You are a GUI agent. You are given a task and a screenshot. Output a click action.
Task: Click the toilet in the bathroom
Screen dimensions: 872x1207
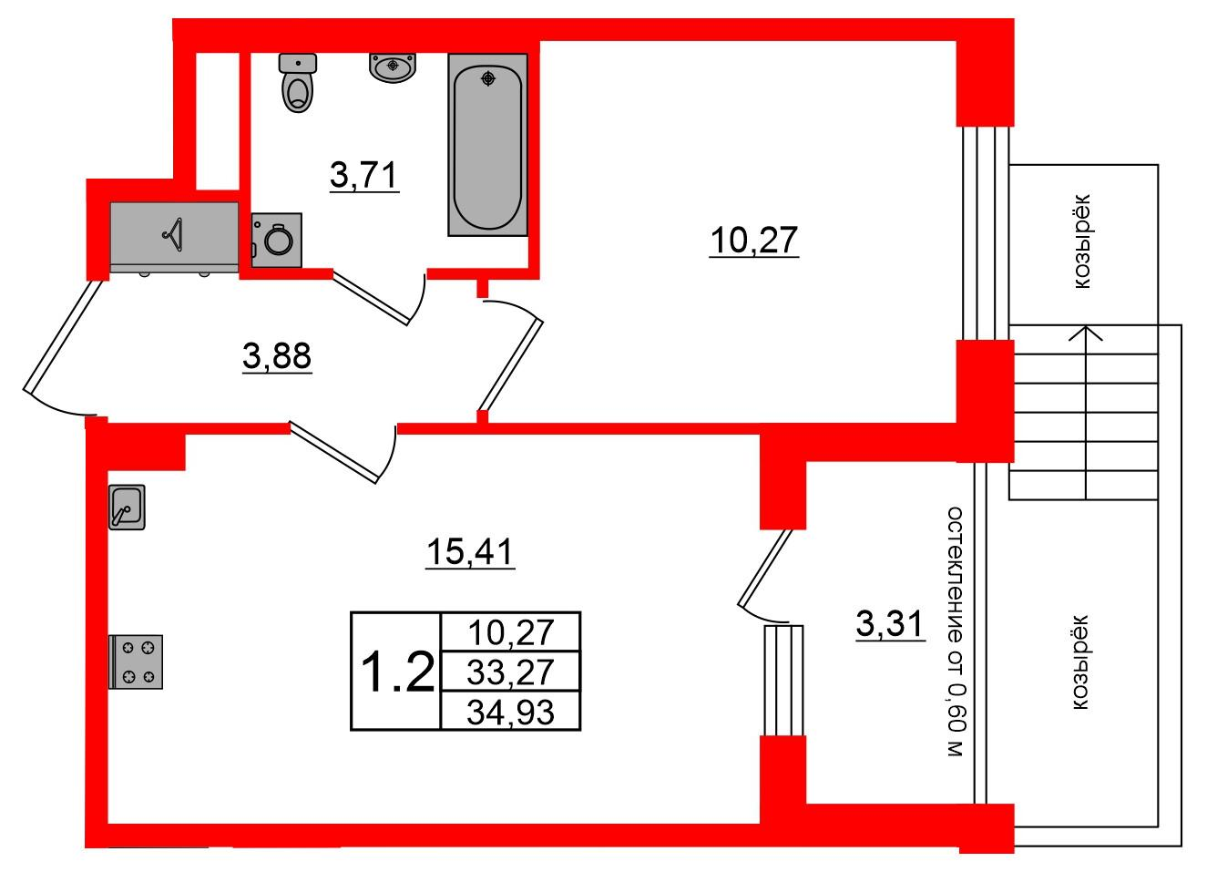click(x=297, y=83)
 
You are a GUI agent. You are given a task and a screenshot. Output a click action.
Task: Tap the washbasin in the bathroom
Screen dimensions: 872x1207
click(x=393, y=67)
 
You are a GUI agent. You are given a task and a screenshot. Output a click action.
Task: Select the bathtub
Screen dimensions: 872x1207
click(x=488, y=145)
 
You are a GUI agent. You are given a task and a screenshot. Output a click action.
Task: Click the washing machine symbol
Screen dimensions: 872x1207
click(x=276, y=241)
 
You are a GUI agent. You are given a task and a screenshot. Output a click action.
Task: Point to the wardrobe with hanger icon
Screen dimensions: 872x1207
click(x=173, y=236)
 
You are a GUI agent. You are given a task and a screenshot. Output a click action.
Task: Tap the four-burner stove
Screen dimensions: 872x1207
click(x=137, y=662)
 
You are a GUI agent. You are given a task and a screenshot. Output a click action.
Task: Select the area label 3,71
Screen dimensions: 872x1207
click(x=364, y=175)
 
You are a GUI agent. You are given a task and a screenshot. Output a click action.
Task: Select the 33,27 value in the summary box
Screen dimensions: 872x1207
click(x=509, y=672)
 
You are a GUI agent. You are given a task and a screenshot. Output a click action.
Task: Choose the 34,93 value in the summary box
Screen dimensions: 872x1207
click(x=509, y=711)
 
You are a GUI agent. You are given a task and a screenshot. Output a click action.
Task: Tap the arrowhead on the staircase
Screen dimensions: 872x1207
click(x=1085, y=333)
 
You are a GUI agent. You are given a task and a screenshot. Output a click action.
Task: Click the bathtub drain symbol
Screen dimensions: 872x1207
click(x=489, y=78)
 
